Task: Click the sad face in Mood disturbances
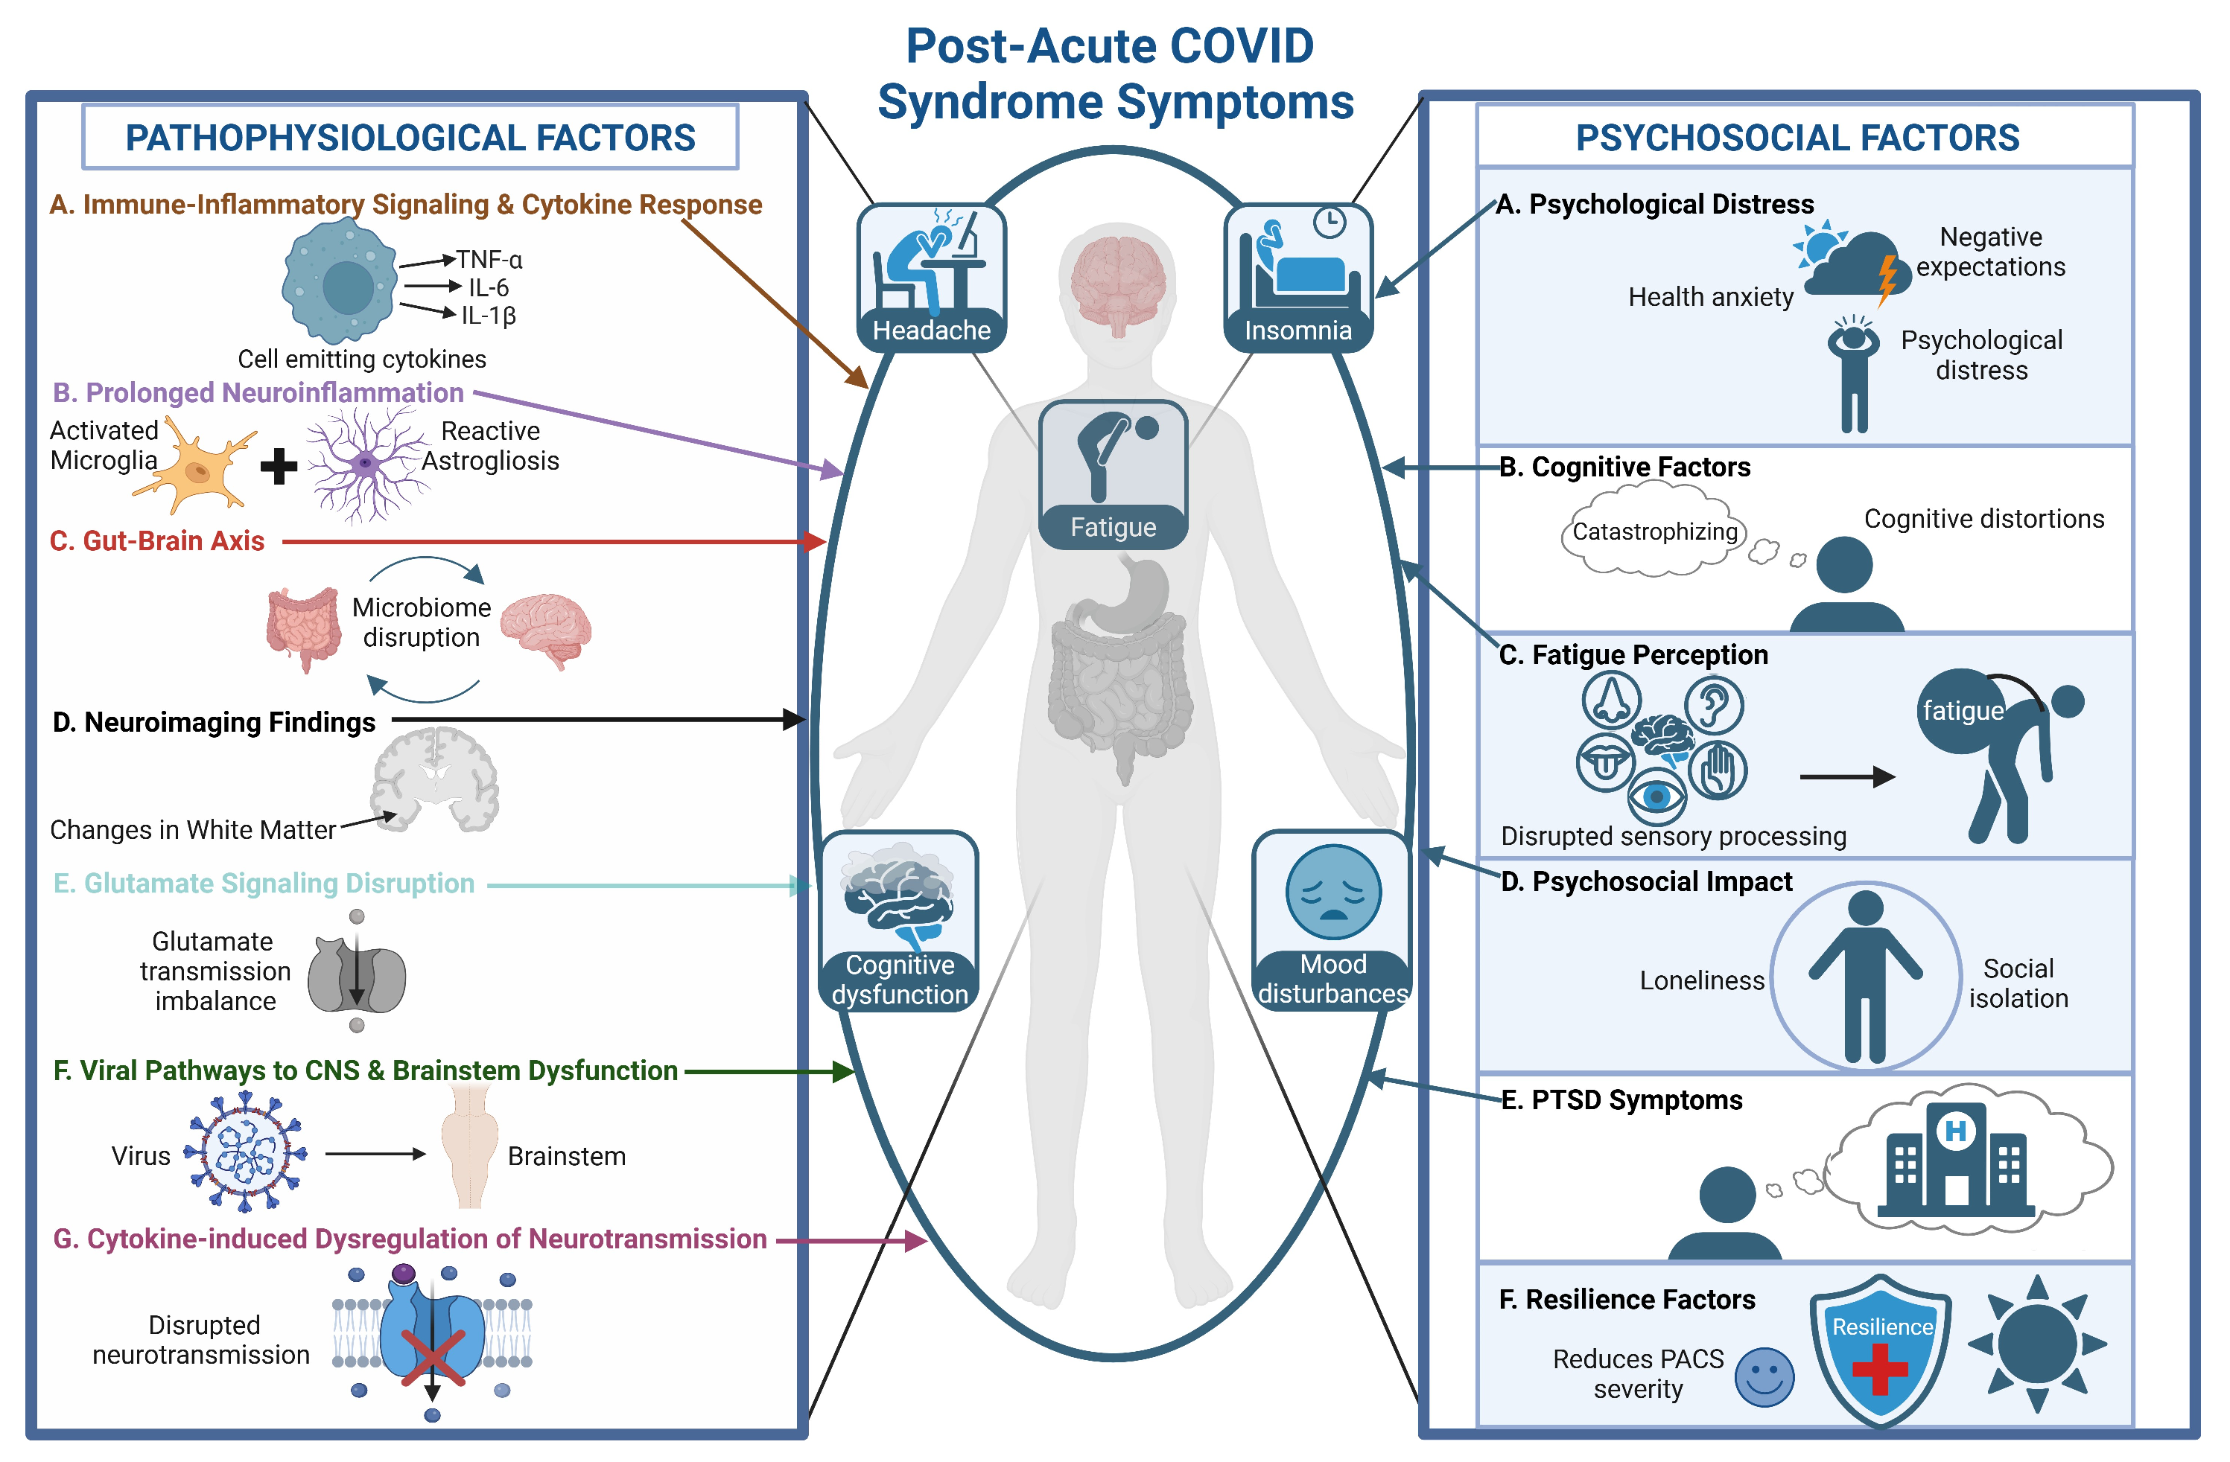pos(1332,893)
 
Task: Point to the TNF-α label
pos(489,260)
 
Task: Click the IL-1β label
pos(488,316)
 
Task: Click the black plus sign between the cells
pos(279,465)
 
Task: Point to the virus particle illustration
pos(246,1153)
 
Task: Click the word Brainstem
pos(566,1157)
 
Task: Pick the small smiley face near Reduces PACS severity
pos(1764,1377)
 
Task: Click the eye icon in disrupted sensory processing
pos(1656,796)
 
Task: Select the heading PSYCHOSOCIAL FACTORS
pos(1797,138)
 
